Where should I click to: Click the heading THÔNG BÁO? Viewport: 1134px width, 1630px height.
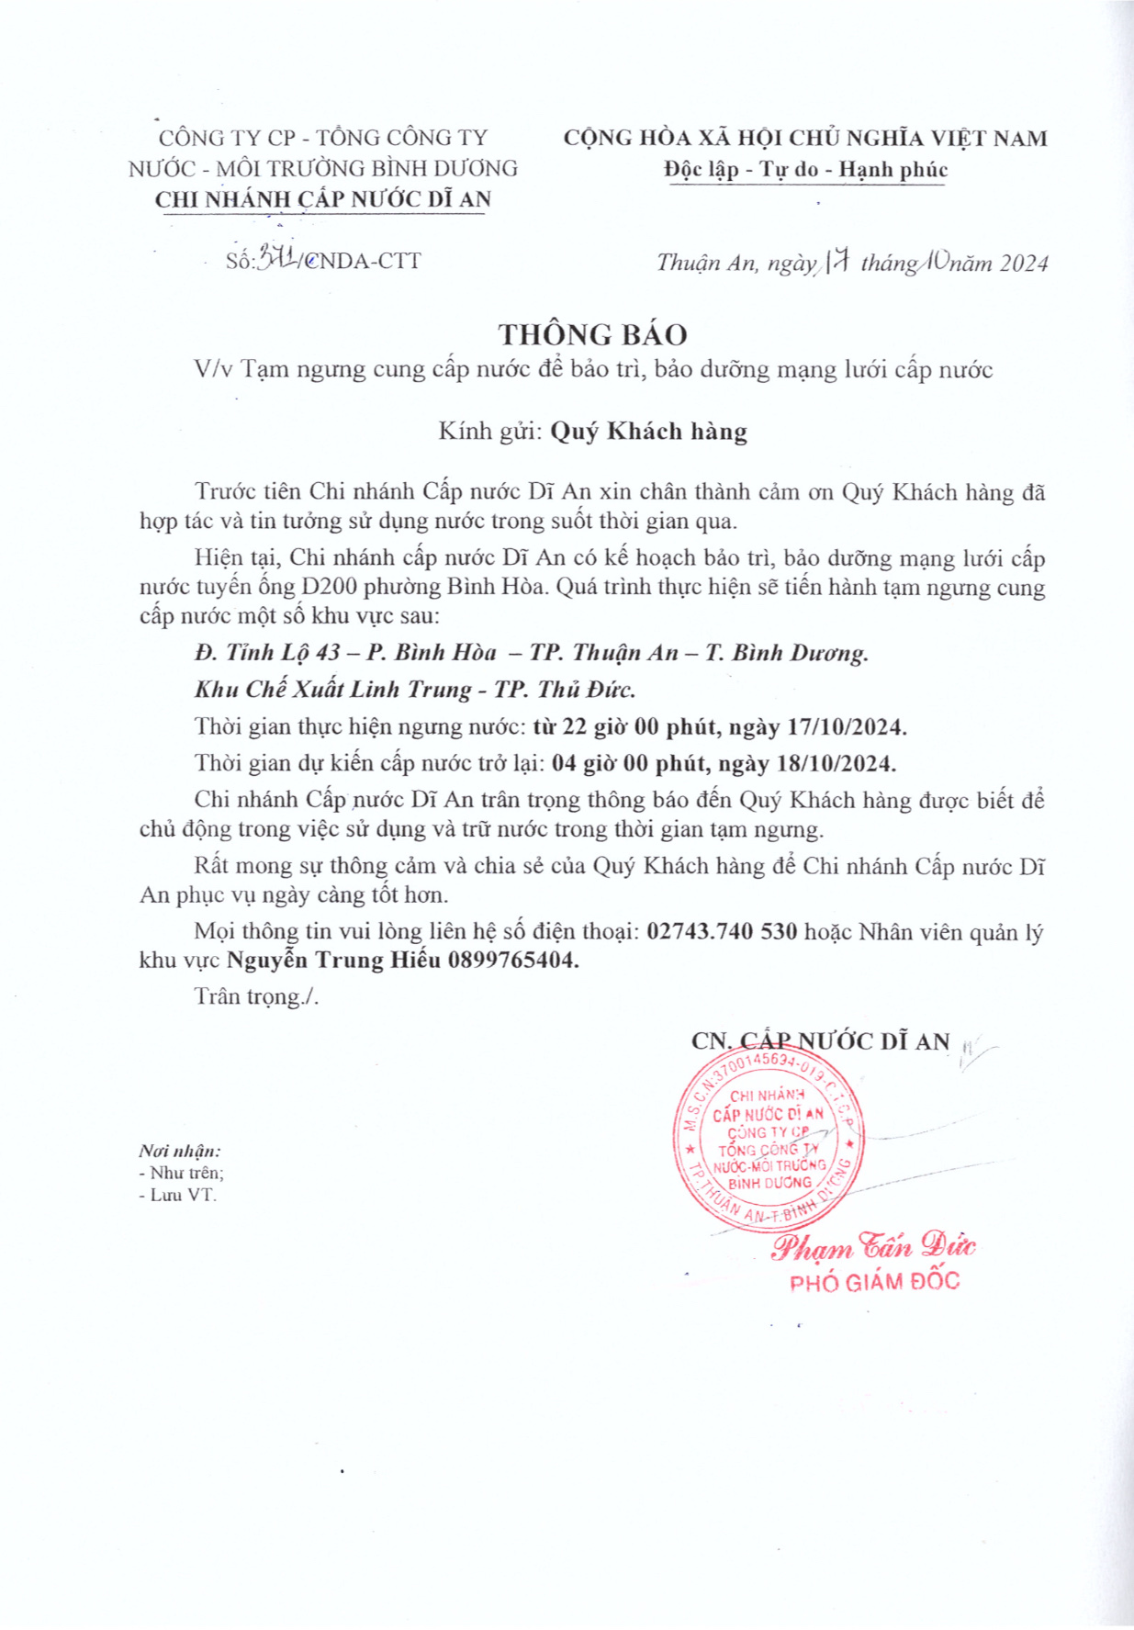[x=592, y=334]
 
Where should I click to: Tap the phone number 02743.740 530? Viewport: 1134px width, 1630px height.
[x=722, y=932]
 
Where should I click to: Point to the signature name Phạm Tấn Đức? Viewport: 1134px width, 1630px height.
[x=872, y=1247]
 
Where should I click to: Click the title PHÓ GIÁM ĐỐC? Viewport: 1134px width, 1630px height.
[x=874, y=1282]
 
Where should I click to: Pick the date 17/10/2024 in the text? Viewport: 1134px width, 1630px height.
[x=848, y=728]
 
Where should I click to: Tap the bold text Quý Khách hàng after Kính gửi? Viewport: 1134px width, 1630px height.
[x=648, y=432]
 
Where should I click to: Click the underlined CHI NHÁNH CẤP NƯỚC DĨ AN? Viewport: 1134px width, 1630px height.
[x=323, y=199]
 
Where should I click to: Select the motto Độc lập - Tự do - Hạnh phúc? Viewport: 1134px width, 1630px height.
[x=805, y=170]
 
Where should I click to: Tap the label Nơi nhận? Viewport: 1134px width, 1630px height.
[x=180, y=1151]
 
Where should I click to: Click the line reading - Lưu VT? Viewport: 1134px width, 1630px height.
[x=178, y=1196]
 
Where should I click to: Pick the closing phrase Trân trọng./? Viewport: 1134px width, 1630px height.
[x=256, y=997]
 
